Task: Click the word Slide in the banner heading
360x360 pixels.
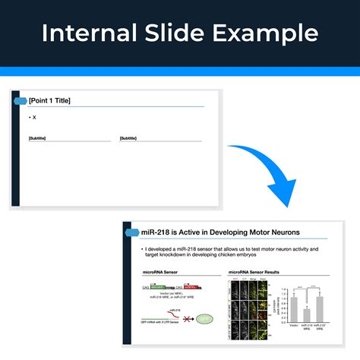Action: point(184,33)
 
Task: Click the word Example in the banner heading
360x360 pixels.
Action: point(267,33)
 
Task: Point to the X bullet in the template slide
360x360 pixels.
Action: point(33,117)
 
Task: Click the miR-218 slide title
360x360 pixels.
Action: point(215,232)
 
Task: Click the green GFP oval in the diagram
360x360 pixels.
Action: point(204,320)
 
